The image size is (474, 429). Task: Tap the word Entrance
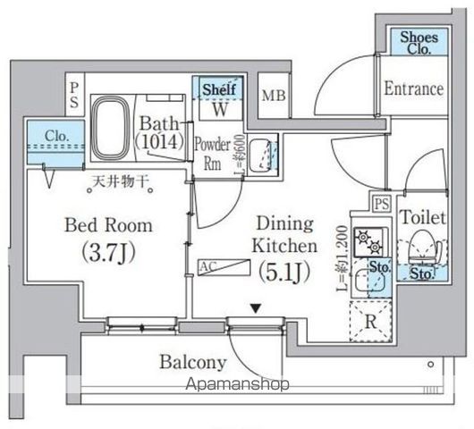click(x=413, y=88)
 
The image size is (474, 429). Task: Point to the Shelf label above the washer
click(x=217, y=89)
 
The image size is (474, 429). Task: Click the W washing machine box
click(x=218, y=110)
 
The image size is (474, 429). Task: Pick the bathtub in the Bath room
click(x=112, y=128)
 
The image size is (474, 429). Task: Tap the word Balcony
click(x=192, y=363)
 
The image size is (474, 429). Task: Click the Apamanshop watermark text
click(x=239, y=385)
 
